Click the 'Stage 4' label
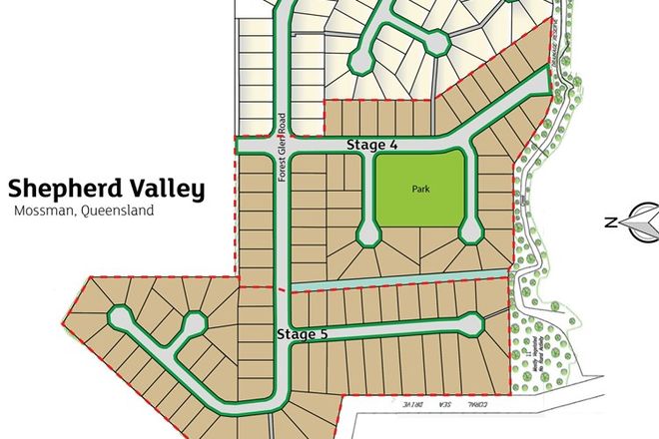(371, 146)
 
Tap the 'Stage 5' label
(302, 334)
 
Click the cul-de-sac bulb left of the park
(368, 233)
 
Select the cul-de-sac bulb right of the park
(469, 234)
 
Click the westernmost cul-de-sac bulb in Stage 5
(120, 318)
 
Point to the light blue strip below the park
(399, 280)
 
